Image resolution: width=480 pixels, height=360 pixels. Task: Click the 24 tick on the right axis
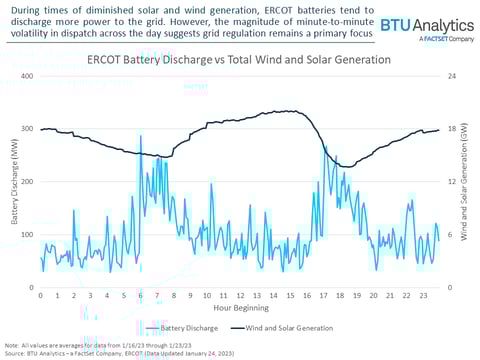click(452, 76)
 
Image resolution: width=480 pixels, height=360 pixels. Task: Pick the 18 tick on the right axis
click(452, 129)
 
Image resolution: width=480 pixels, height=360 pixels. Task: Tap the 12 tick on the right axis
click(452, 181)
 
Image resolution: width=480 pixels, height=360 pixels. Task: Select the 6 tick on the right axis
click(452, 234)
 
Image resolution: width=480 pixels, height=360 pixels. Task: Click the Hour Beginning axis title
click(239, 308)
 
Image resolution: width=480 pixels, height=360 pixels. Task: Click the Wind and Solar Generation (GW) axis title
click(468, 181)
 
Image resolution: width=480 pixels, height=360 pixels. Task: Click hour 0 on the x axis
click(40, 296)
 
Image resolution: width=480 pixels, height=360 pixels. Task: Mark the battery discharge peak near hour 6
click(141, 136)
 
